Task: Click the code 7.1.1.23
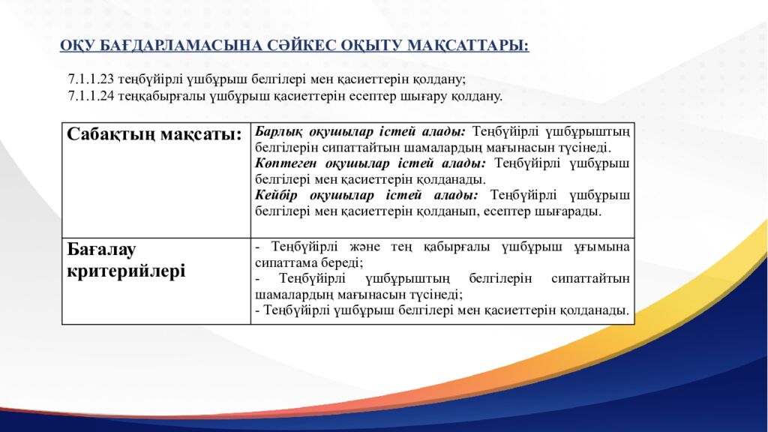coord(90,79)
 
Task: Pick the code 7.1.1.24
coord(90,96)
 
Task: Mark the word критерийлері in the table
coord(126,271)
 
